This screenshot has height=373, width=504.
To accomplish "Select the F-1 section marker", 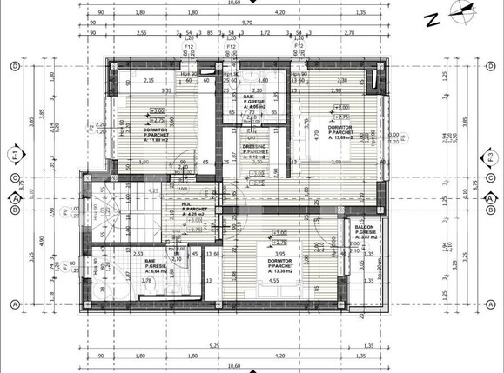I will (15, 157).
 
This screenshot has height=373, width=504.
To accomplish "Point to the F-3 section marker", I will (490, 157).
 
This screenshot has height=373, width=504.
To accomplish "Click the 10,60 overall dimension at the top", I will (252, 3).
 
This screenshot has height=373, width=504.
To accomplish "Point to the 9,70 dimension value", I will (247, 22).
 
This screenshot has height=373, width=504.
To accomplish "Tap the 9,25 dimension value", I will (214, 346).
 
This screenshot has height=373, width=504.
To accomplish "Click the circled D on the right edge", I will (490, 66).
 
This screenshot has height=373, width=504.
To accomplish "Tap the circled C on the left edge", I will (15, 177).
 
